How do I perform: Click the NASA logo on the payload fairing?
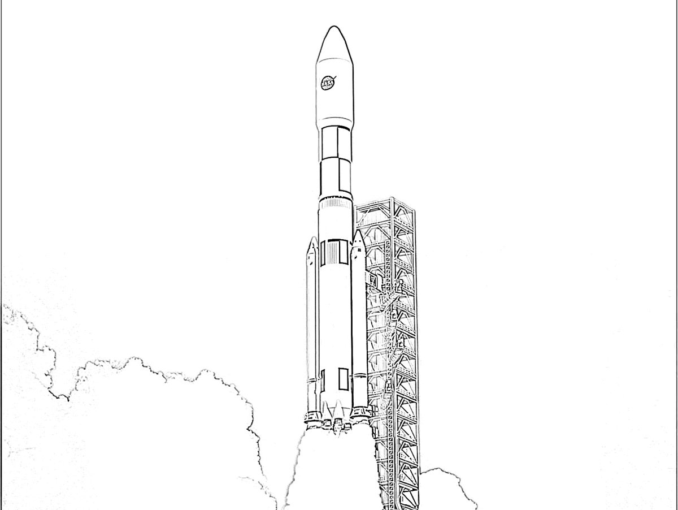[x=328, y=83]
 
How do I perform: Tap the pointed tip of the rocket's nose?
[x=333, y=26]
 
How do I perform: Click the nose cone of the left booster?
[x=312, y=250]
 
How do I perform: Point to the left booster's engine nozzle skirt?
[x=312, y=417]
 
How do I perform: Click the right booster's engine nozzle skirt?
[x=359, y=413]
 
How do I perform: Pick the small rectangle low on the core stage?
[x=343, y=379]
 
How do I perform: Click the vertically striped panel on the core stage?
[x=333, y=253]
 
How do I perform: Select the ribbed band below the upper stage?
[x=336, y=203]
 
